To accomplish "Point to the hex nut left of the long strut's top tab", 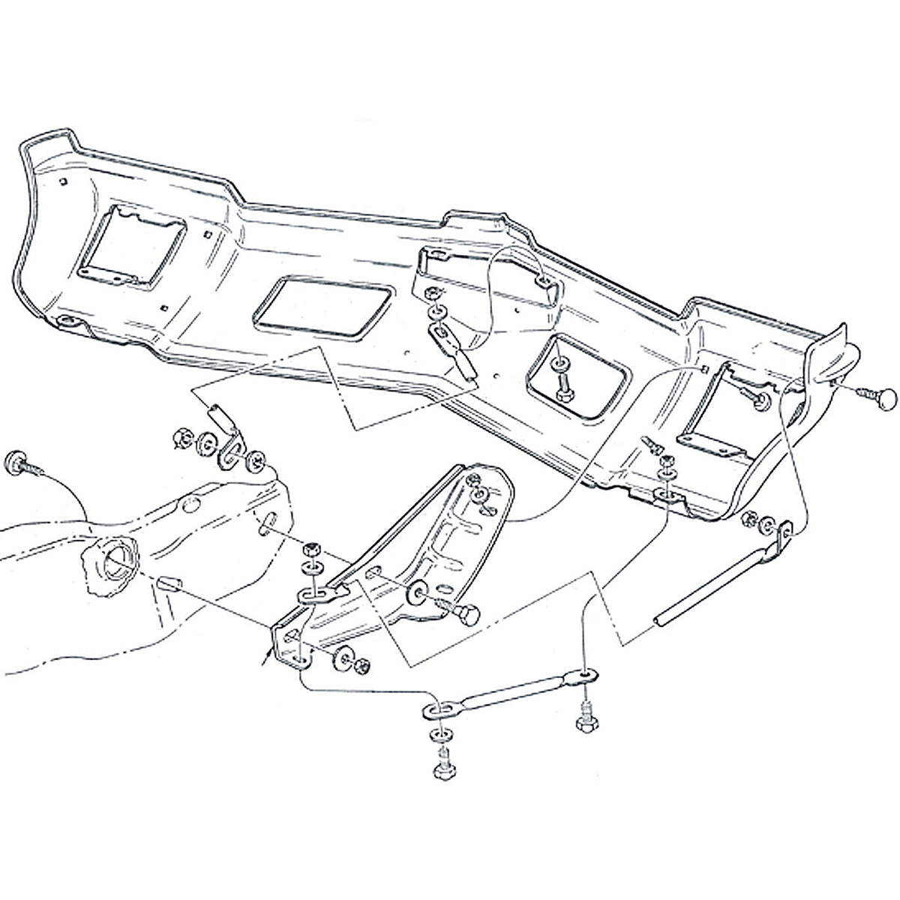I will point(748,519).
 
